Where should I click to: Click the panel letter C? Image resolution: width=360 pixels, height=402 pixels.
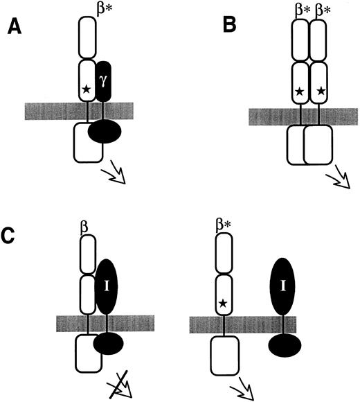(15, 236)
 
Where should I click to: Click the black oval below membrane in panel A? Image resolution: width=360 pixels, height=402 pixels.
(105, 132)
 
